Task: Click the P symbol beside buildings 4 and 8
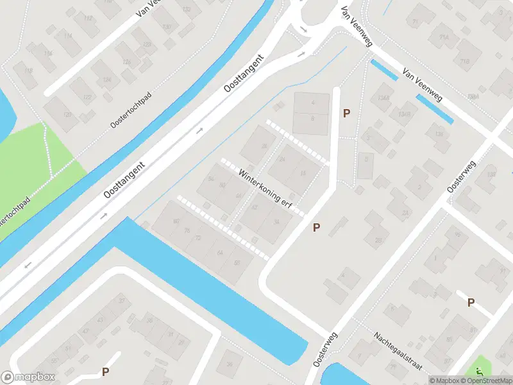347,114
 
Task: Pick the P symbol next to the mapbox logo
105,372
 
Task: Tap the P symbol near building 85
471,302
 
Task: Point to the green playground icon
479,371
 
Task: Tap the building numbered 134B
403,114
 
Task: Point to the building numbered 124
106,80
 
